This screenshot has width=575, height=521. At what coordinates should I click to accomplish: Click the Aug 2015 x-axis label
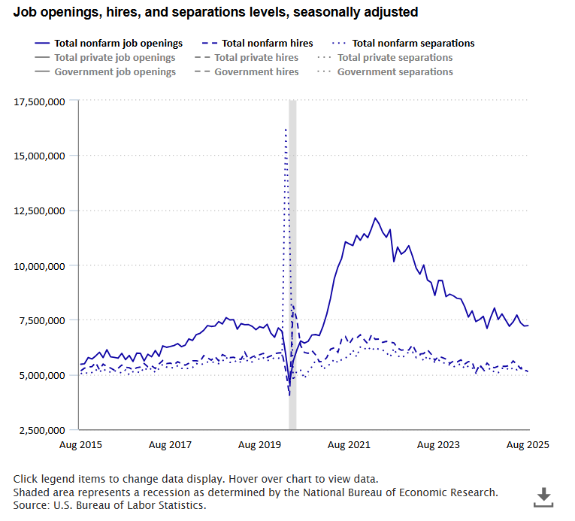click(x=80, y=444)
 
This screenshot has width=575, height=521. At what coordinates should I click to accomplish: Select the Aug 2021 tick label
click(x=349, y=444)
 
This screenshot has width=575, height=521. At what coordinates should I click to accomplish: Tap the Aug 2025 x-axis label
click(x=527, y=444)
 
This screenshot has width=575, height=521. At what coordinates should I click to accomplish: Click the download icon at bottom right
click(x=543, y=496)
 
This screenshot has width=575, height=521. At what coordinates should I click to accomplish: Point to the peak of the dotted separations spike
click(x=286, y=129)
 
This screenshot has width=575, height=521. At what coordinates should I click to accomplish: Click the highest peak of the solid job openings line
click(x=375, y=218)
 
